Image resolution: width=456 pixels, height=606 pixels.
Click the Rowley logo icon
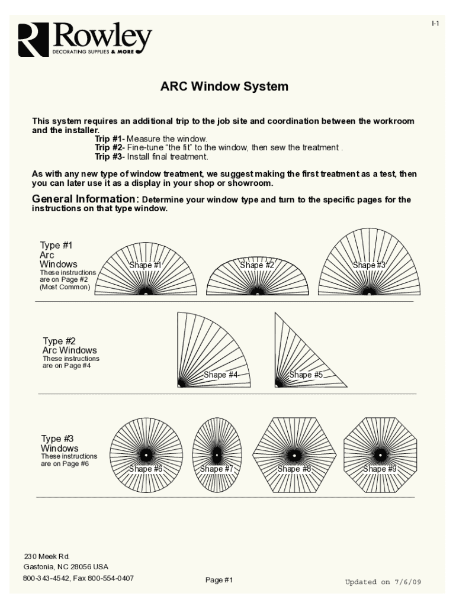pyautogui.click(x=32, y=40)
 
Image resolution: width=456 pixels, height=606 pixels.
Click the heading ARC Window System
pyautogui.click(x=224, y=87)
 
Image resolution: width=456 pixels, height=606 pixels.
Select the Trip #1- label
pyautogui.click(x=110, y=138)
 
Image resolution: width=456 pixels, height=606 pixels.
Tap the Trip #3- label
pyautogui.click(x=110, y=157)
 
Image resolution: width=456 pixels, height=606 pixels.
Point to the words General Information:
pyautogui.click(x=85, y=199)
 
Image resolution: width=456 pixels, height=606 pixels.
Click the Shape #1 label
pyautogui.click(x=145, y=265)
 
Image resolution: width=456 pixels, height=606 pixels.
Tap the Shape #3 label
pyautogui.click(x=369, y=265)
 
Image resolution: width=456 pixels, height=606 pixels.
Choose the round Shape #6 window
pyautogui.click(x=145, y=454)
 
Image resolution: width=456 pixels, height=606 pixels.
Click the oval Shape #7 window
pyautogui.click(x=217, y=454)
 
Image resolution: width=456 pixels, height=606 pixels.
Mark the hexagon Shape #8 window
pyautogui.click(x=293, y=454)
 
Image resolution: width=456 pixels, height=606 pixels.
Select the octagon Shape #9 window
pyautogui.click(x=380, y=454)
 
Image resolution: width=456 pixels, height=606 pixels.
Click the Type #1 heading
pyautogui.click(x=56, y=245)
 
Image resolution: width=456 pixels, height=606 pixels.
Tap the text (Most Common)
pyautogui.click(x=65, y=287)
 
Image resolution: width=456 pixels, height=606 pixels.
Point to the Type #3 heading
pyautogui.click(x=57, y=439)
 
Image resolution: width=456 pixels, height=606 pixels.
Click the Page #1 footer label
pyautogui.click(x=219, y=580)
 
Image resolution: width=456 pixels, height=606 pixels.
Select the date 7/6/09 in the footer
pyautogui.click(x=407, y=582)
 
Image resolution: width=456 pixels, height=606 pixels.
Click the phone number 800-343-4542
pyautogui.click(x=46, y=578)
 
